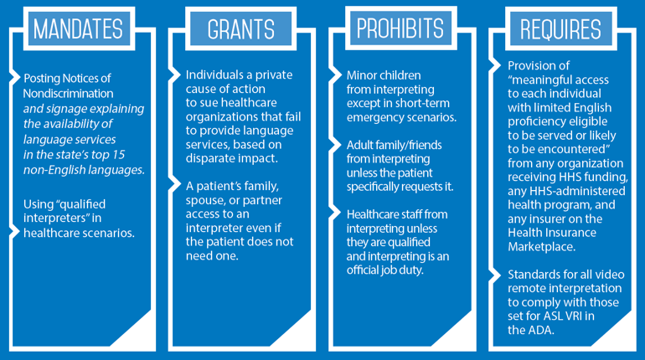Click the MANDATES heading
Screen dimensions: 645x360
78,28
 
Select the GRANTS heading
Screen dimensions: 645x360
240,29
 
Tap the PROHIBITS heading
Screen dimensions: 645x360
400,28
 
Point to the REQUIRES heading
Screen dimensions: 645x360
560,29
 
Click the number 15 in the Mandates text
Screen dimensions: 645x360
118,155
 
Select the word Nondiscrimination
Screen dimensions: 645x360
69,93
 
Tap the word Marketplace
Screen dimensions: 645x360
541,247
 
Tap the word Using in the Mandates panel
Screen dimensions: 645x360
39,204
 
